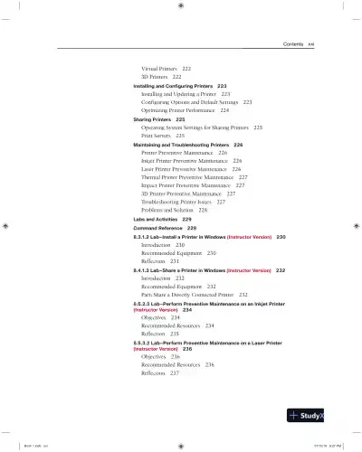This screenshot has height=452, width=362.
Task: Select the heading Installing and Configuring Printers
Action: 172,85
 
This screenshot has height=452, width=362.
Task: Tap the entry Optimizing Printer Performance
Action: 181,110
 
